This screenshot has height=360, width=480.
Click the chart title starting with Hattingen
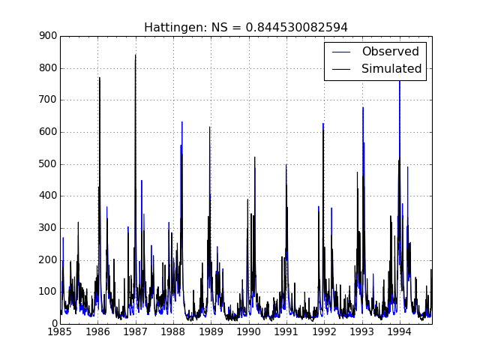click(x=246, y=28)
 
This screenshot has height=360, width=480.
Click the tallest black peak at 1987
click(x=136, y=56)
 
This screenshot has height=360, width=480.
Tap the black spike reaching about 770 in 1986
click(x=99, y=79)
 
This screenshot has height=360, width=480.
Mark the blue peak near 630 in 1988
click(x=181, y=123)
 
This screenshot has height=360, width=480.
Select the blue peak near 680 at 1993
click(x=363, y=109)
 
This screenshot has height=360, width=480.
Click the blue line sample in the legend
click(x=341, y=52)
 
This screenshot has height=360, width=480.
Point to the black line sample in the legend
click(x=341, y=69)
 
